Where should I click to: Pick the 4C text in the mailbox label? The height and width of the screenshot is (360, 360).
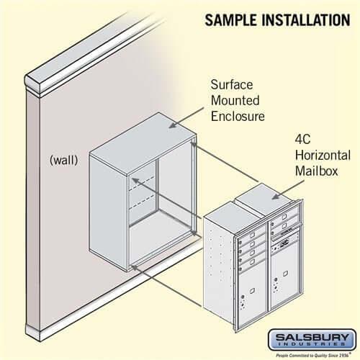[304, 138]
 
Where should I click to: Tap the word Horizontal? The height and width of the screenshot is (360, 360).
[322, 156]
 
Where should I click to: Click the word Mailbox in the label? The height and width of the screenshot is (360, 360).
[315, 173]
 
